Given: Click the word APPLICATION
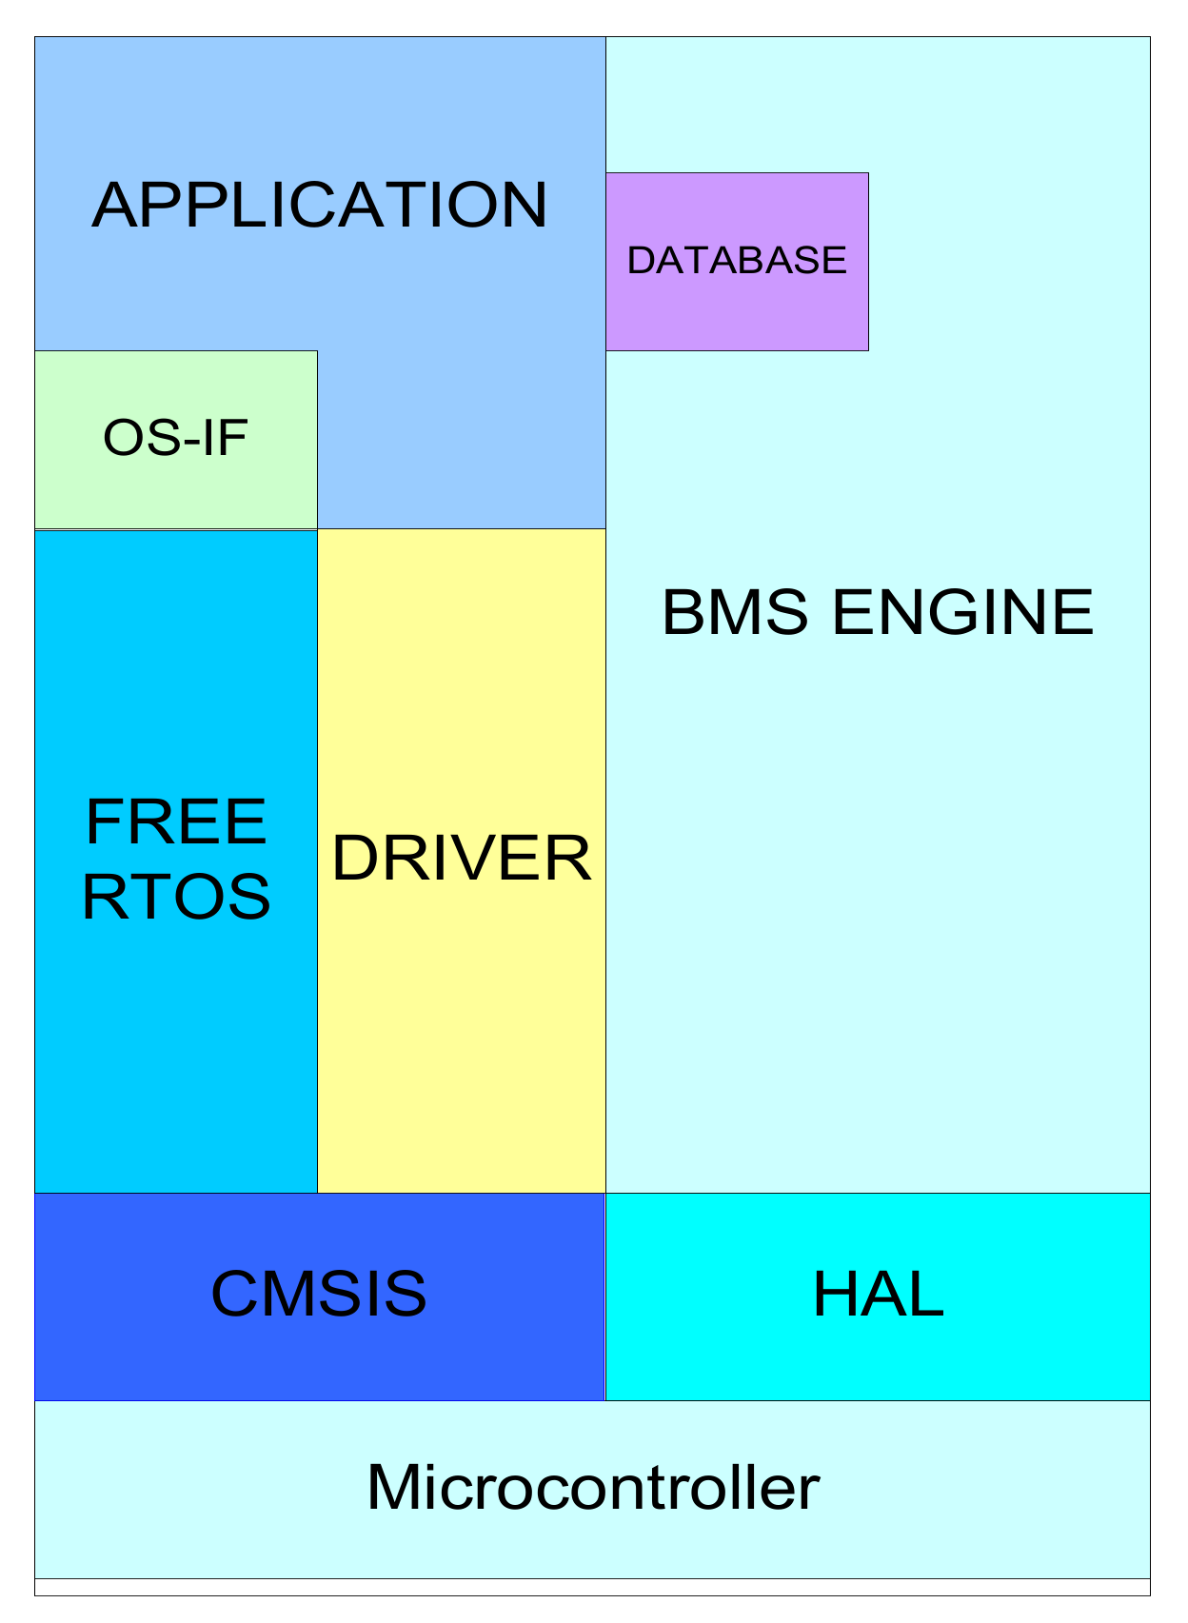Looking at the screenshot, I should (319, 205).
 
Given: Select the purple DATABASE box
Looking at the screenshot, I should (737, 305).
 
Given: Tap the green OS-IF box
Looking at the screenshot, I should (175, 485).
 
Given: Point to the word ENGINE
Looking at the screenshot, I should (962, 612).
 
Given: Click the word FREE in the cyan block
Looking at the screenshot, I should (175, 822).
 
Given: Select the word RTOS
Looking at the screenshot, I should (176, 897).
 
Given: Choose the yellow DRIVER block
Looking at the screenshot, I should (461, 1000).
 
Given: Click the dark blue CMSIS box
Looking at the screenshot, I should (319, 1352).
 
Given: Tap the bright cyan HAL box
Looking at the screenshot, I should (878, 1352).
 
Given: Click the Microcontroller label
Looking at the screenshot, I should (592, 1487).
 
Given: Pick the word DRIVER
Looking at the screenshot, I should (461, 859).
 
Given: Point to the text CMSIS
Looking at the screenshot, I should (319, 1294).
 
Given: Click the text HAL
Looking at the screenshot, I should (878, 1295).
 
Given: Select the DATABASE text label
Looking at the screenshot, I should (737, 261).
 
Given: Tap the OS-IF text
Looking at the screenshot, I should (175, 439).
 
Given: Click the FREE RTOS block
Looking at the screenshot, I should (175, 1047).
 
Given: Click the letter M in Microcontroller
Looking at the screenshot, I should (392, 1487).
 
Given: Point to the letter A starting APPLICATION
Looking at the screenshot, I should (114, 205).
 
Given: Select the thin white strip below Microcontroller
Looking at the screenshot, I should (592, 1587).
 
